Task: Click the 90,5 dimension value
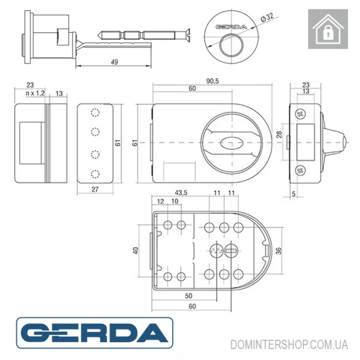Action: (213, 81)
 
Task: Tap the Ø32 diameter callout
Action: (267, 17)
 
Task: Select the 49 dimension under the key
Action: (114, 62)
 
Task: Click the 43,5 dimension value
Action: (181, 193)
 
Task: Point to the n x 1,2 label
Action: (35, 93)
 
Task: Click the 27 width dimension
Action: (95, 189)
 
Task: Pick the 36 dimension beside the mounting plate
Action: (279, 251)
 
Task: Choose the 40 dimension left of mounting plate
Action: (136, 250)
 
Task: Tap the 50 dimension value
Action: (188, 296)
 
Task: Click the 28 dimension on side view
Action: (279, 135)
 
